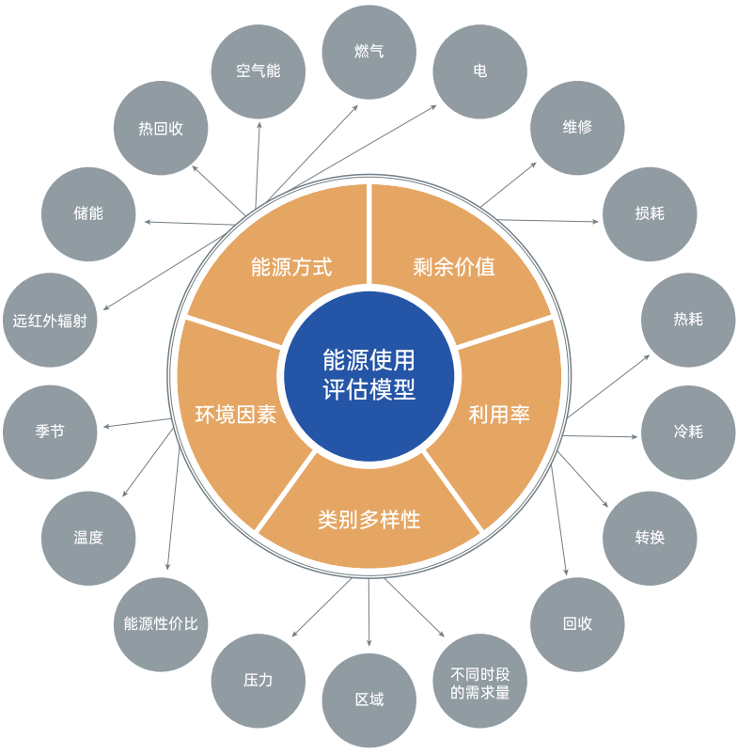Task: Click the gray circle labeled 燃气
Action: (x=368, y=52)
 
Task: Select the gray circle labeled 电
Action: (x=479, y=71)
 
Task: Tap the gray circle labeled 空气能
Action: (x=259, y=71)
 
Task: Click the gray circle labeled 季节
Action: (x=50, y=432)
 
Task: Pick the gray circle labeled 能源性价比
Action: (x=161, y=624)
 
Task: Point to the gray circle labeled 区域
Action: (x=368, y=700)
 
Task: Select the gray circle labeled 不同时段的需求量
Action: (x=479, y=681)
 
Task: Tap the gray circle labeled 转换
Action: (x=650, y=539)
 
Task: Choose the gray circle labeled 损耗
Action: (x=650, y=213)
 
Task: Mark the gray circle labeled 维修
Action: (x=577, y=128)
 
